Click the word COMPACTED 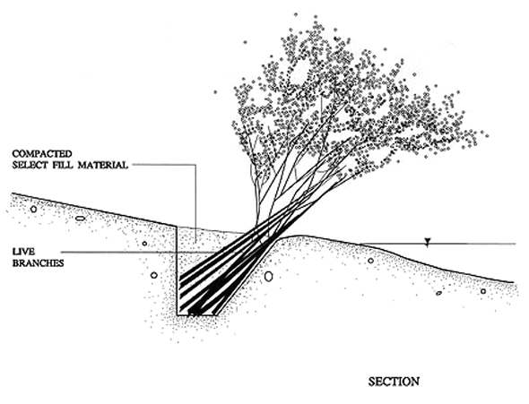pyautogui.click(x=42, y=154)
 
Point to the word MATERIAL pyautogui.click(x=103, y=165)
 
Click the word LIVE pyautogui.click(x=23, y=252)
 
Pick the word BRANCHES pyautogui.click(x=39, y=263)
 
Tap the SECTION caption pyautogui.click(x=394, y=382)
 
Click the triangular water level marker pyautogui.click(x=428, y=241)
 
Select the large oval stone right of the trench pyautogui.click(x=268, y=276)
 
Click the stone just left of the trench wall pyautogui.click(x=154, y=275)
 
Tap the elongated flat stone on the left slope pyautogui.click(x=80, y=219)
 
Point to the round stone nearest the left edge pyautogui.click(x=33, y=209)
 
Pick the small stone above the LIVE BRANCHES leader pyautogui.click(x=144, y=244)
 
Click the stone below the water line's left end pyautogui.click(x=371, y=261)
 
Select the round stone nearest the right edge pyautogui.click(x=483, y=291)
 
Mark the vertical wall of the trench pyautogui.click(x=178, y=271)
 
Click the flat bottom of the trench pyautogui.click(x=197, y=315)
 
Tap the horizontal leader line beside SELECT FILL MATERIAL pyautogui.click(x=164, y=165)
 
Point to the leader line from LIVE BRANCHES pyautogui.click(x=138, y=252)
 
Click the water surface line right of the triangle pyautogui.click(x=473, y=244)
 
